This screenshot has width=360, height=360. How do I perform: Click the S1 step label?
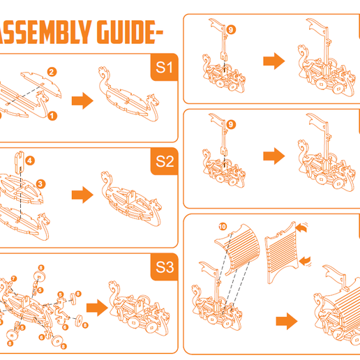164,68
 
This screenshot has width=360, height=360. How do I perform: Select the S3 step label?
165,267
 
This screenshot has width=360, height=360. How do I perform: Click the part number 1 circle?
52,116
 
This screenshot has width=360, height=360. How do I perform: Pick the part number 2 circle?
52,70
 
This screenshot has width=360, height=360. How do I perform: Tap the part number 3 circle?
41,184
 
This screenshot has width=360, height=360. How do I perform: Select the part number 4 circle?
29,160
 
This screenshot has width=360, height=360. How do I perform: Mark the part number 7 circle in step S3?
13,279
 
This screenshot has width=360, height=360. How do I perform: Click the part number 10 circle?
222,227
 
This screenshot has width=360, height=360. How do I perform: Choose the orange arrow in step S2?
82,195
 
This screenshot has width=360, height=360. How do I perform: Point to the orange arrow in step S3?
96,305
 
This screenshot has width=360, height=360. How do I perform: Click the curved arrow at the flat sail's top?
302,227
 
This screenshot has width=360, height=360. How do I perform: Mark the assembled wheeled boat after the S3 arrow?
137,308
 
